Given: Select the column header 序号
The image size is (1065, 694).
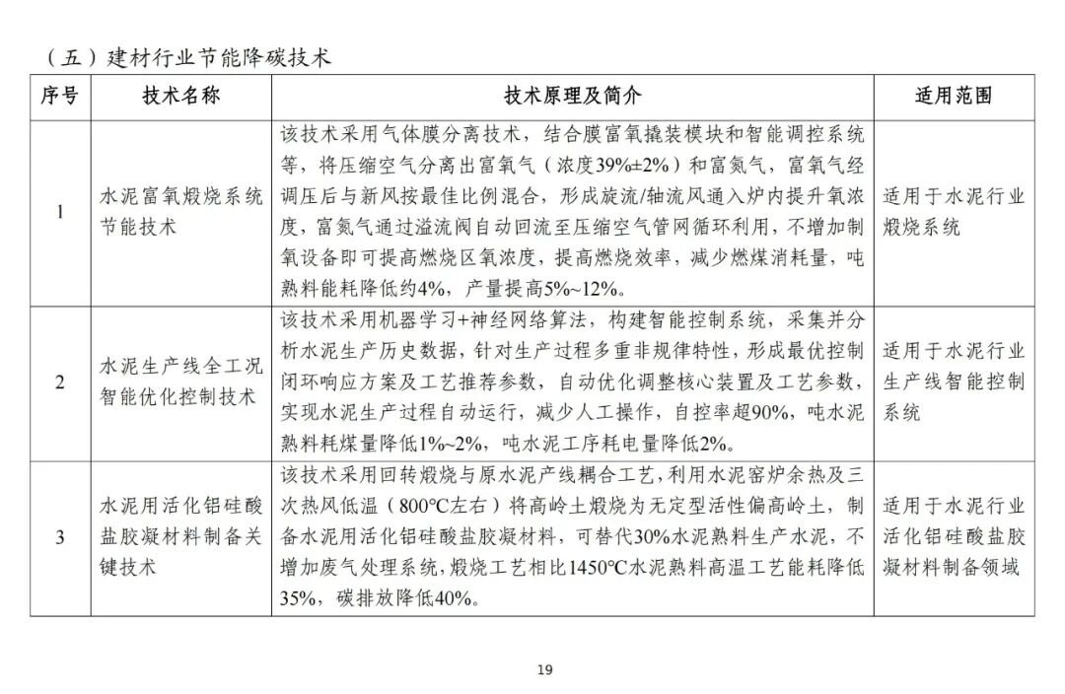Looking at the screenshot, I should (x=59, y=97).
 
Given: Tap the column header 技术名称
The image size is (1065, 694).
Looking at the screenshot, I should (x=181, y=97).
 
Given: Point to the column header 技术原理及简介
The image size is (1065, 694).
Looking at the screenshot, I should (x=572, y=97).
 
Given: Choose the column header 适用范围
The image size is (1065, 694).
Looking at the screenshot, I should (x=954, y=97).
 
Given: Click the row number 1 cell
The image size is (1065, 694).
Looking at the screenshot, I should (x=59, y=212).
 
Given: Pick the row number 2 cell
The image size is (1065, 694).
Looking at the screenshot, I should (x=59, y=382).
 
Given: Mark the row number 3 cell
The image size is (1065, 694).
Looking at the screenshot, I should (x=59, y=537).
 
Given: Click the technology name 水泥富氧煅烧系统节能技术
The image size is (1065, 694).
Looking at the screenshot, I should (x=181, y=212).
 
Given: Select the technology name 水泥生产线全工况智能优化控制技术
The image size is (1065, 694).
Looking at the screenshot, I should (x=181, y=382).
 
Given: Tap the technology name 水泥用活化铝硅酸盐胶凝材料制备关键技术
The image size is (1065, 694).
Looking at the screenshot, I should (x=181, y=537).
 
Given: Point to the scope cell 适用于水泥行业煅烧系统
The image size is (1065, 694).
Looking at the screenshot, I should (x=954, y=212).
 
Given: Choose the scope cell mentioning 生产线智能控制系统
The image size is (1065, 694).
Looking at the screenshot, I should (x=954, y=382).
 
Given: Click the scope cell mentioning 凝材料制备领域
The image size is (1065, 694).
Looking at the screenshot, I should (x=954, y=537).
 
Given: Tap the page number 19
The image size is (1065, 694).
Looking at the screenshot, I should (x=545, y=670).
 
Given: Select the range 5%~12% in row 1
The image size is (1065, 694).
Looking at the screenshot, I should (x=583, y=289).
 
